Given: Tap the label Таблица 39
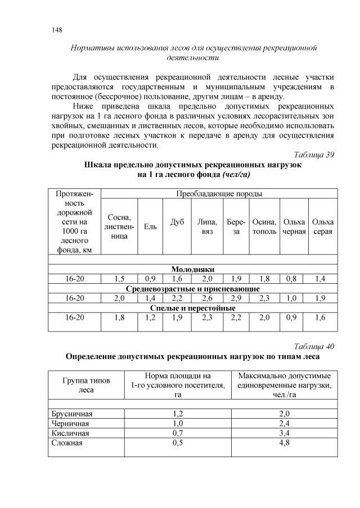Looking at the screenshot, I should click(x=314, y=155).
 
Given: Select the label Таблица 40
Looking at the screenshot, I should click(x=314, y=345).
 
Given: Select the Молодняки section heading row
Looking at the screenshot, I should click(x=193, y=269).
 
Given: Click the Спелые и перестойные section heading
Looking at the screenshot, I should click(x=193, y=308).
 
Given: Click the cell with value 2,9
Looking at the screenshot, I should click(x=236, y=298).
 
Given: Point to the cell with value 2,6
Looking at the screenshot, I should click(x=207, y=298).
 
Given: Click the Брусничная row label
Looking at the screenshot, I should click(x=71, y=414).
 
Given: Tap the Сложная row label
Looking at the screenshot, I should click(x=67, y=443).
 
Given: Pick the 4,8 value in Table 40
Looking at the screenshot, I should click(x=284, y=443).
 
